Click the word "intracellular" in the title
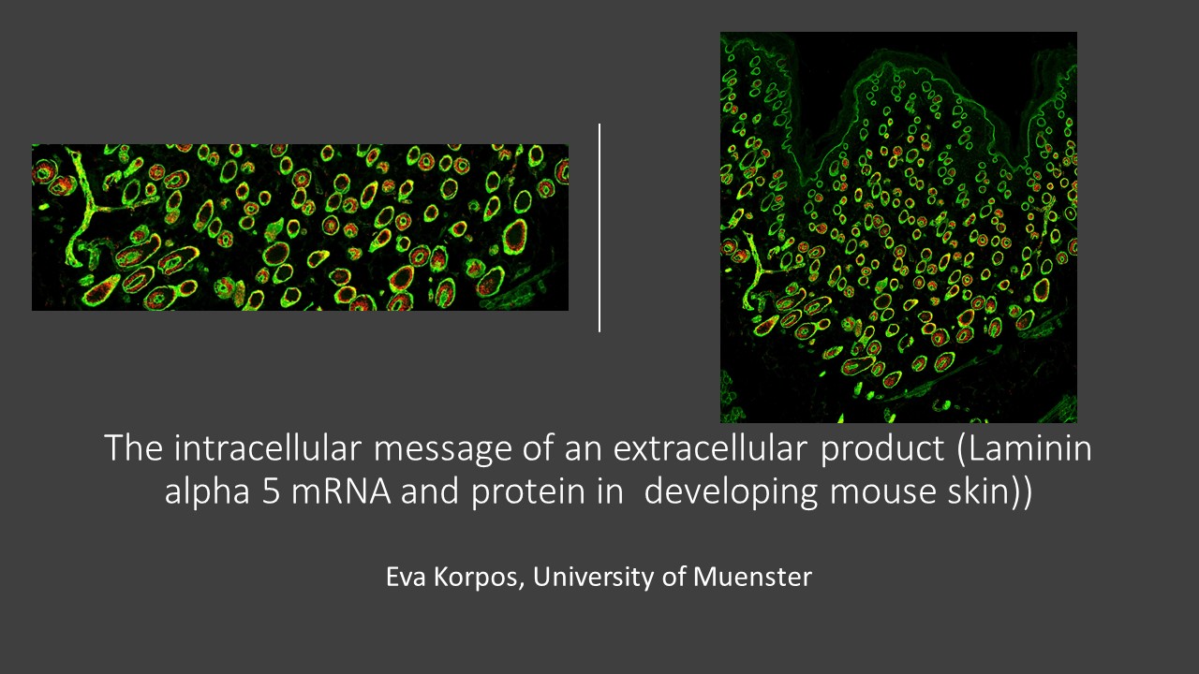click(x=268, y=447)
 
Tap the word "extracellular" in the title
click(x=710, y=447)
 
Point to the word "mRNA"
click(x=341, y=491)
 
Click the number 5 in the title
click(x=271, y=491)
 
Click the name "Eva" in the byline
click(x=406, y=577)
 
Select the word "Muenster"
click(x=752, y=577)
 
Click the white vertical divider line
click(x=599, y=227)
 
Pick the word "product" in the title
click(x=882, y=449)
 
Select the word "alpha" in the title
click(x=207, y=492)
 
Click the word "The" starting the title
click(x=134, y=447)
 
